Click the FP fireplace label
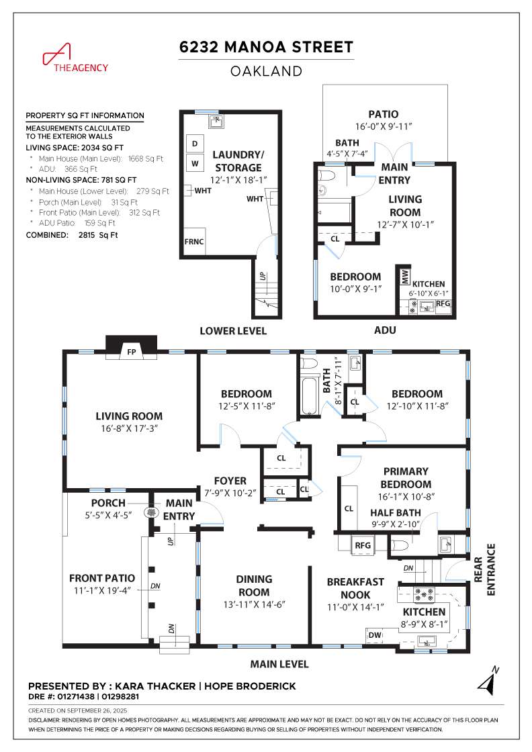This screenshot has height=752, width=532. [x=132, y=352]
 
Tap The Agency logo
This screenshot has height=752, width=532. [x=75, y=58]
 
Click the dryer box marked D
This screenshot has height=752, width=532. [x=195, y=144]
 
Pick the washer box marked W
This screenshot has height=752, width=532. [x=195, y=163]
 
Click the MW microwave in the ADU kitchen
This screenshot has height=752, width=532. [x=404, y=276]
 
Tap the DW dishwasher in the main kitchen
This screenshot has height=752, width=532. [x=375, y=635]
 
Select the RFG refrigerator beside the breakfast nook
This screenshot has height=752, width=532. [x=363, y=545]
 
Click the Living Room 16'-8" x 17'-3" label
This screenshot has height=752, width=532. [x=129, y=422]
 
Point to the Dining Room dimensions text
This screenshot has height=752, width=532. [x=255, y=604]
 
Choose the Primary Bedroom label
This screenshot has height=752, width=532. [x=406, y=477]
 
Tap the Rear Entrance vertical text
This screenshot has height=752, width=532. [x=484, y=570]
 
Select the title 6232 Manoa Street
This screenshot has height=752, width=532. [x=266, y=47]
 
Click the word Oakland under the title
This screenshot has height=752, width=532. [x=266, y=71]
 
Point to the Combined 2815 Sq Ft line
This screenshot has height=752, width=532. [x=72, y=235]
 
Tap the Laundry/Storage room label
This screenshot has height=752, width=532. [x=238, y=161]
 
